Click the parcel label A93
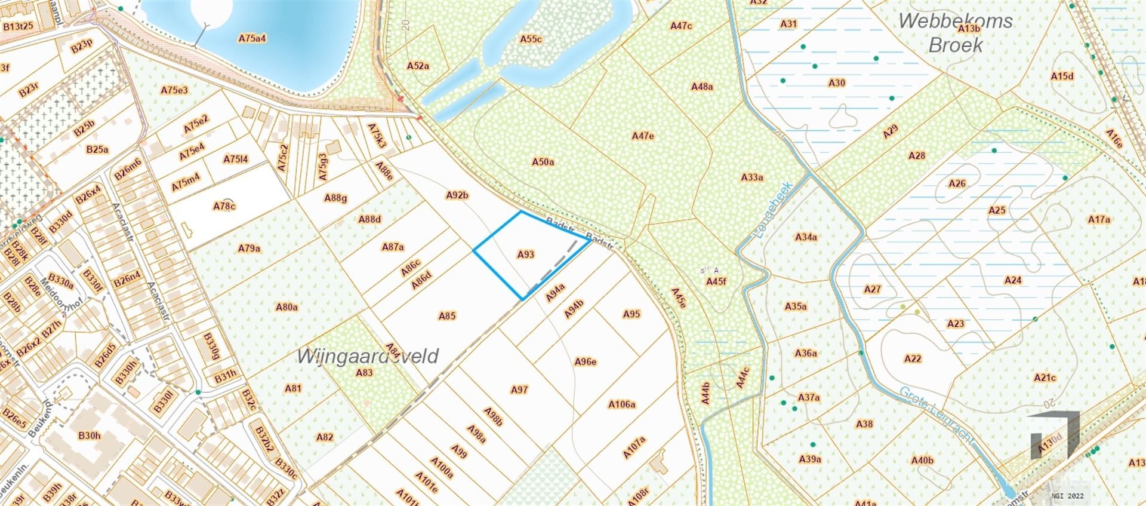click(x=525, y=254)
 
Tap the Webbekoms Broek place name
click(x=955, y=32)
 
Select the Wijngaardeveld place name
click(x=368, y=357)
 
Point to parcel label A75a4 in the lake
click(x=252, y=38)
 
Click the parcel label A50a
click(x=543, y=162)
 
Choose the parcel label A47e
click(x=643, y=136)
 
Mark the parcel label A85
click(x=447, y=316)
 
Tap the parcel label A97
click(x=519, y=390)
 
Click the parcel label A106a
click(x=622, y=404)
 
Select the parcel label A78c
click(x=224, y=206)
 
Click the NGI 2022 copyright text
click(x=1067, y=495)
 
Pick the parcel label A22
click(x=913, y=359)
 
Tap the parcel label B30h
click(x=89, y=436)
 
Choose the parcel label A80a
click(x=286, y=307)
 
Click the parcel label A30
click(x=837, y=83)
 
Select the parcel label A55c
click(x=531, y=39)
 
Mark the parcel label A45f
click(x=716, y=281)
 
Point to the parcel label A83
click(x=364, y=373)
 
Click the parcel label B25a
click(x=97, y=149)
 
